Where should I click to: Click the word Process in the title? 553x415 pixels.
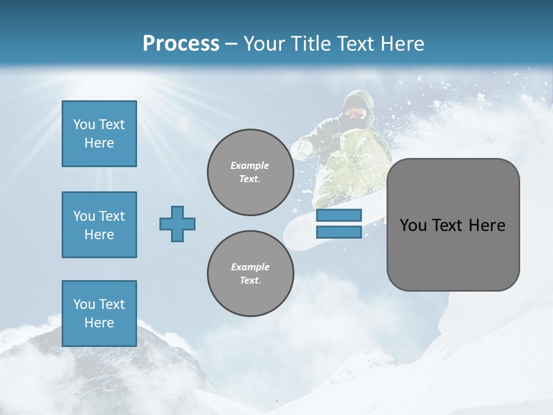coord(181,44)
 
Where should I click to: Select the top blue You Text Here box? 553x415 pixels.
coord(99,134)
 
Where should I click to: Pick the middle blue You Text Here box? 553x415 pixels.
coord(99,225)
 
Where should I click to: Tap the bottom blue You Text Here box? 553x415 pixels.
coord(99,313)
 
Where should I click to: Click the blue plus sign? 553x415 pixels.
coord(177,224)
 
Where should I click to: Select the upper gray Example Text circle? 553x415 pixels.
coord(250,172)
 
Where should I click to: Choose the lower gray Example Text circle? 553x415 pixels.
coord(250,274)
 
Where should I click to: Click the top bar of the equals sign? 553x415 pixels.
coord(339,216)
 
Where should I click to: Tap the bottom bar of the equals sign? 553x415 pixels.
coord(339,232)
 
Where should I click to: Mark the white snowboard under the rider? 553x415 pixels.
coord(300,231)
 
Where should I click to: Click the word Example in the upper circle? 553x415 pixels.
coord(250,165)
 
